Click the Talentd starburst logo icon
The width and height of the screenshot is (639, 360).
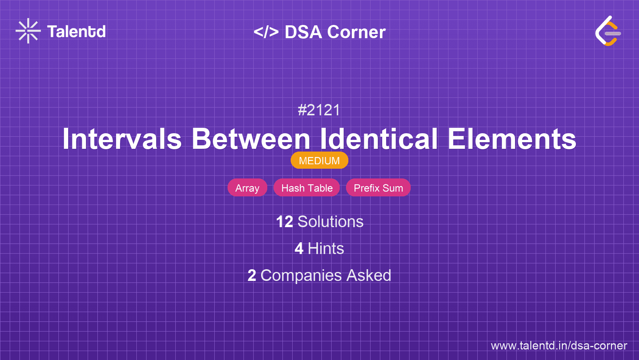tap(28, 31)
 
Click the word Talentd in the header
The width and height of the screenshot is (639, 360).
tap(76, 32)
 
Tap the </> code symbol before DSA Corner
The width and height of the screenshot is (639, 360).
tap(266, 32)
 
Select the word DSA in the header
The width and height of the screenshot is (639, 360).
tap(303, 32)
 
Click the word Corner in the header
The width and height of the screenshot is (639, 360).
tap(357, 32)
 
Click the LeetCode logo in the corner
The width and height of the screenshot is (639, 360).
tap(608, 31)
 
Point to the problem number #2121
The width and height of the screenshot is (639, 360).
tap(319, 110)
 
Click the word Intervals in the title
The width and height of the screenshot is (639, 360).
tap(122, 139)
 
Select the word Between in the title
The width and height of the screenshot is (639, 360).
tap(251, 139)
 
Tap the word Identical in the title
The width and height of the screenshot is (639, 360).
tap(379, 139)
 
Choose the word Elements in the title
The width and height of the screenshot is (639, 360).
tap(512, 139)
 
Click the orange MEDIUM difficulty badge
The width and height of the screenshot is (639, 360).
tap(319, 161)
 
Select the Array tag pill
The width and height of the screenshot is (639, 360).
tap(247, 188)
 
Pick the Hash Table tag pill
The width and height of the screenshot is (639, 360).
tap(307, 188)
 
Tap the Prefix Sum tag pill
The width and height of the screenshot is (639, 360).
tap(378, 188)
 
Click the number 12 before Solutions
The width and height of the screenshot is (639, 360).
tap(284, 222)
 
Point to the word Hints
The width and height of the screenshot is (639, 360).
tap(326, 249)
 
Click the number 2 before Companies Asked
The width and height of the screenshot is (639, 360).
tap(252, 275)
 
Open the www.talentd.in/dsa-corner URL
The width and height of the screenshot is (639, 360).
tap(559, 346)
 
